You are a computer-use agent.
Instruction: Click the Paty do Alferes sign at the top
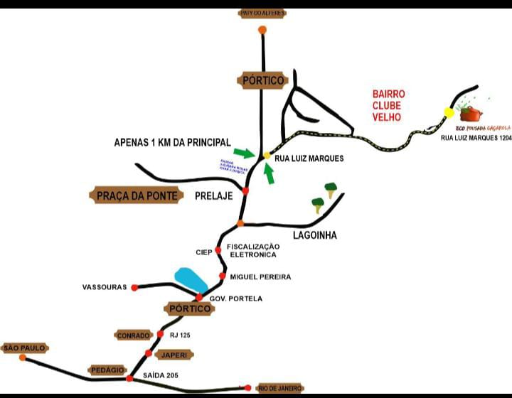(262, 13)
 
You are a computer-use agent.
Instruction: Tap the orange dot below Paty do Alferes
(262, 30)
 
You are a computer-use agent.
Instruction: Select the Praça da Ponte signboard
(136, 195)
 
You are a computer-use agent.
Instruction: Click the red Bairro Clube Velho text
(389, 105)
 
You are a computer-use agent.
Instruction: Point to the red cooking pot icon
(471, 113)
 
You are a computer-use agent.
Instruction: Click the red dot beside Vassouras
(134, 287)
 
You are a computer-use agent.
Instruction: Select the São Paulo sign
(24, 348)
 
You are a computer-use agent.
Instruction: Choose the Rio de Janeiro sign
(280, 388)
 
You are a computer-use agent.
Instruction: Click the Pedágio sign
(107, 370)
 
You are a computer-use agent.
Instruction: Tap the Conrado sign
(133, 335)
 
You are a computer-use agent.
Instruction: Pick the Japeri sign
(174, 354)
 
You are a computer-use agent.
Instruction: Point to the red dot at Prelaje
(245, 191)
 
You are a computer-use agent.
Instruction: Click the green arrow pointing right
(243, 153)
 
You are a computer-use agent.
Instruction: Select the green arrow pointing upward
(270, 173)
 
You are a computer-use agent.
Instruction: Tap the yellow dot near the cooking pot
(449, 112)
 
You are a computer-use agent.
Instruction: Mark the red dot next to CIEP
(218, 250)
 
